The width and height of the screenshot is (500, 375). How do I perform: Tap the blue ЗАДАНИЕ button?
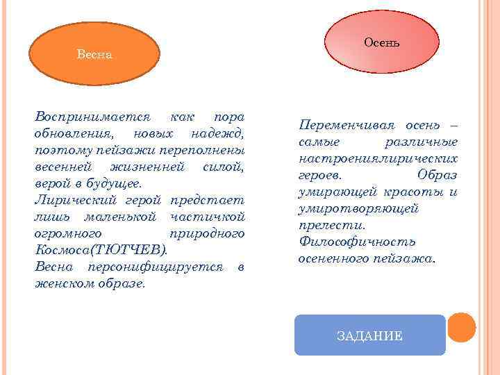click(x=369, y=335)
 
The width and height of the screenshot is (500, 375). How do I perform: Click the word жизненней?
click(x=147, y=167)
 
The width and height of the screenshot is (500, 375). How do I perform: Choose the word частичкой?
click(x=215, y=217)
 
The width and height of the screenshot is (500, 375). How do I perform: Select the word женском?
click(x=65, y=284)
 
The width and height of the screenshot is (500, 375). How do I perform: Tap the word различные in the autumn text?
click(x=421, y=142)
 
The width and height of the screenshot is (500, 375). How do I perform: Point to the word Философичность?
click(x=356, y=242)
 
